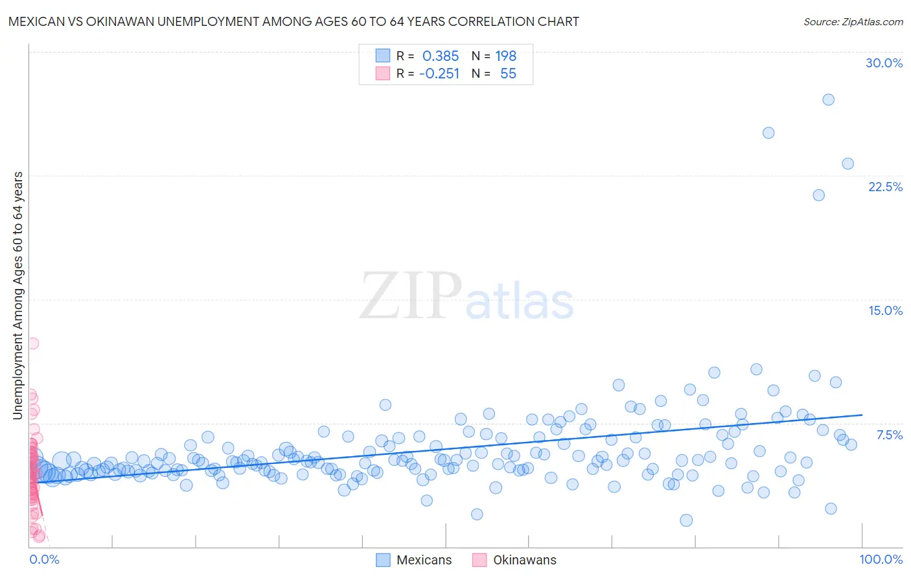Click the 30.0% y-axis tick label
tap(884, 63)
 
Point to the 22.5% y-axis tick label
tap(885, 187)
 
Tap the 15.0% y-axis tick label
tap(885, 310)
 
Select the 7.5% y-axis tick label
tap(889, 435)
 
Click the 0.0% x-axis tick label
tap(44, 559)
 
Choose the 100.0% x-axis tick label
tap(881, 559)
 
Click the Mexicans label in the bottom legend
tap(424, 560)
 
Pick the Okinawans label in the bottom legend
tap(524, 560)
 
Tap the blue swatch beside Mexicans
tap(383, 560)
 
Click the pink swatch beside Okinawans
tap(479, 560)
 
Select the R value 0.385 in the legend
tap(440, 56)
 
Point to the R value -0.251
tap(439, 74)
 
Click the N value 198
tap(505, 56)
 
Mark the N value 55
tap(508, 74)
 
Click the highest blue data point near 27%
tap(828, 100)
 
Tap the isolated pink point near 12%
tap(33, 343)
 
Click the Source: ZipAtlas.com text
tap(853, 21)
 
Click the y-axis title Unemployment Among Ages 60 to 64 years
tap(17, 295)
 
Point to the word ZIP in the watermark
tap(411, 297)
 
